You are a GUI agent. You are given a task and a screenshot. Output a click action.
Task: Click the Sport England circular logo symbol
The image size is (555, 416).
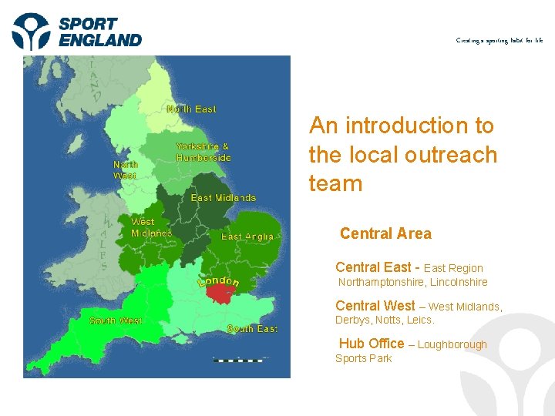click(x=32, y=32)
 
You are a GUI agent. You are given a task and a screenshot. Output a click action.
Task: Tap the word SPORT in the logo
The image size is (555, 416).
click(x=89, y=23)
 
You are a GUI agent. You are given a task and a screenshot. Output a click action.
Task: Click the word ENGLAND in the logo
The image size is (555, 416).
click(x=100, y=40)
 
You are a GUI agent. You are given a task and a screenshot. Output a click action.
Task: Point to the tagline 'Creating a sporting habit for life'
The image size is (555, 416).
click(x=499, y=40)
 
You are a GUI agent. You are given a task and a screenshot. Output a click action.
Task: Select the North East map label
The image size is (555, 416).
click(x=191, y=109)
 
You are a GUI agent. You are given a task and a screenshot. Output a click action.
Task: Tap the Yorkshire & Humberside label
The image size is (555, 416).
click(x=203, y=152)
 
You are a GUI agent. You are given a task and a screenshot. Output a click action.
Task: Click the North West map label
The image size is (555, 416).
click(x=125, y=170)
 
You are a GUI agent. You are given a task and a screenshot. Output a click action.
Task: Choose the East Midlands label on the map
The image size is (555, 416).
click(x=223, y=198)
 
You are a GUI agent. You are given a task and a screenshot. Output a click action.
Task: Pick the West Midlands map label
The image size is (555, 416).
click(x=151, y=227)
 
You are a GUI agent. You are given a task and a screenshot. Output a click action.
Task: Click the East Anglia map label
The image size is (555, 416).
click(x=247, y=237)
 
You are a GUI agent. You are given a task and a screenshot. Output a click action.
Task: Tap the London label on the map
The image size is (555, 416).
click(x=219, y=280)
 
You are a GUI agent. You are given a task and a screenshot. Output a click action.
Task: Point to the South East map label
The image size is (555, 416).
click(x=252, y=329)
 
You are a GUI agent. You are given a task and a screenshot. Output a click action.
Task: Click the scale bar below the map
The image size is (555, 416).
click(x=237, y=360)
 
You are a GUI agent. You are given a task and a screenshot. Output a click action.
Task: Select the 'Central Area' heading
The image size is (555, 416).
click(x=385, y=233)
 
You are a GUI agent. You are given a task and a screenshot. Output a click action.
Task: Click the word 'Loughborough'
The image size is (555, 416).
click(x=452, y=344)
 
